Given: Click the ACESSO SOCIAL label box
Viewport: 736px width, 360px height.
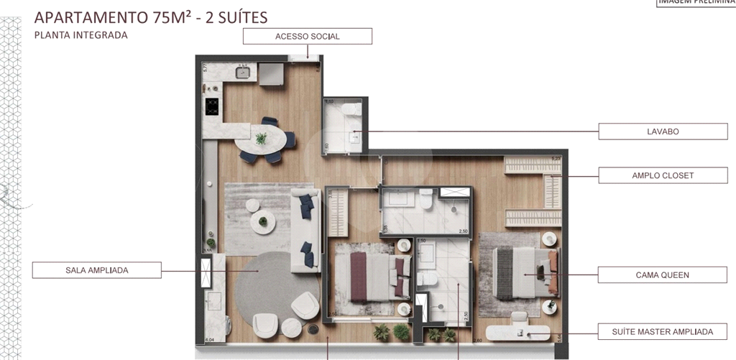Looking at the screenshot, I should tap(307, 36).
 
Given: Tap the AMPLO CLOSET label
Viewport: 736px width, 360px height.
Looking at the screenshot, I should tap(663, 175).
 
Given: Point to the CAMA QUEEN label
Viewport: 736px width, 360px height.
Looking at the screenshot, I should tap(663, 274).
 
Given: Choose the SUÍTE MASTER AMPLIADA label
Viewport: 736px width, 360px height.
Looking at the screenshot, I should tap(663, 331).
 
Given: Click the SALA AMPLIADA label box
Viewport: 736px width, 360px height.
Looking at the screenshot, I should tap(96, 270).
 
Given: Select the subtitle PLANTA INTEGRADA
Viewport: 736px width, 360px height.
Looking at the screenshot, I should tap(80, 34).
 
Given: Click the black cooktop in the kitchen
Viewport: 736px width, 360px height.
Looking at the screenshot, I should tap(212, 106).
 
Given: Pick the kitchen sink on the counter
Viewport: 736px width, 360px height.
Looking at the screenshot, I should tap(244, 72).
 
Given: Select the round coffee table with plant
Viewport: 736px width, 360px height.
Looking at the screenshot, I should tap(263, 223).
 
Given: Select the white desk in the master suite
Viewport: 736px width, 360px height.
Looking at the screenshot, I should tap(517, 332).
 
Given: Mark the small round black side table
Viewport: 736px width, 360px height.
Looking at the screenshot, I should tap(314, 331).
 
